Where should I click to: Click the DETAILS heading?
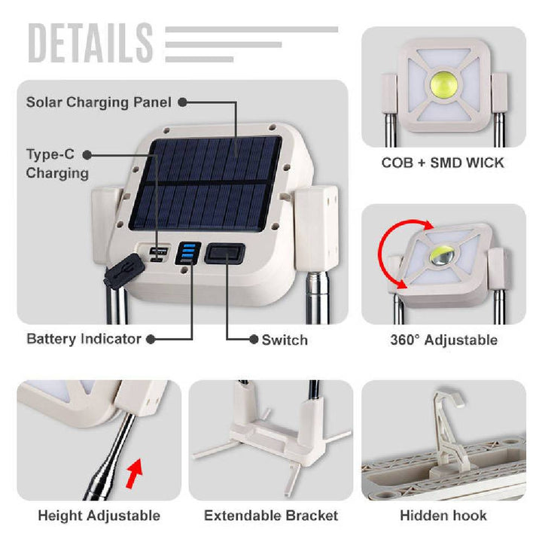90,43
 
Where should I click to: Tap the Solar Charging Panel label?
99,102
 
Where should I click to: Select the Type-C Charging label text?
57,163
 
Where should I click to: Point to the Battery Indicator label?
84,339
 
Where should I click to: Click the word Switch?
285,340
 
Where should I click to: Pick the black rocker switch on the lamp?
225,254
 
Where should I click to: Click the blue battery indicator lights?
188,252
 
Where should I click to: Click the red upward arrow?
135,473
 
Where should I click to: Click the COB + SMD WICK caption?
443,163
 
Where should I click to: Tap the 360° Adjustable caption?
444,340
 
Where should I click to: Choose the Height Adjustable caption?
99,516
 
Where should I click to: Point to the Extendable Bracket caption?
271,516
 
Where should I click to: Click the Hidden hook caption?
443,516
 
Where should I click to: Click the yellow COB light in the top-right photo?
444,84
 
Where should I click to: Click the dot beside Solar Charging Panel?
182,102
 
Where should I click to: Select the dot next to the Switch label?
254,340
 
